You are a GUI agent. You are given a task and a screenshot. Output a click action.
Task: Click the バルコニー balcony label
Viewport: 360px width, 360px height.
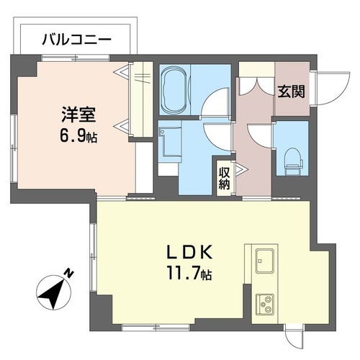(75, 40)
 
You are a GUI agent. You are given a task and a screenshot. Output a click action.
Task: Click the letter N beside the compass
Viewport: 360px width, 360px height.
(69, 273)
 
